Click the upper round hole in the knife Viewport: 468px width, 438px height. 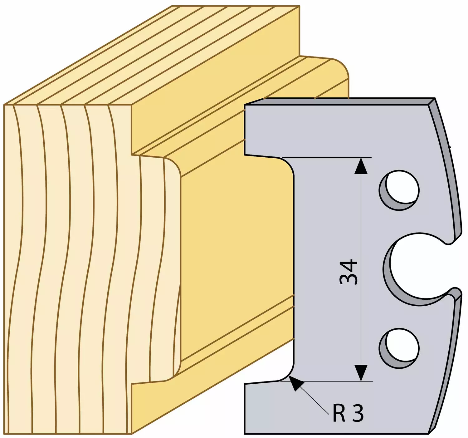[399, 190]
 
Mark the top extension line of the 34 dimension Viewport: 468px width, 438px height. [327, 157]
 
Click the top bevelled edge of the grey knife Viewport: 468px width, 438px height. [339, 101]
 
